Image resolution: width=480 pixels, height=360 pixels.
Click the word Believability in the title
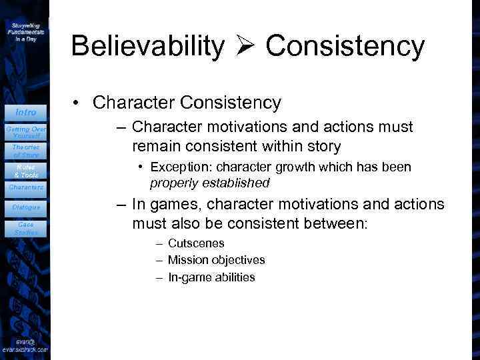(147, 47)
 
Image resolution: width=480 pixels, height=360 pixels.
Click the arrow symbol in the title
(245, 47)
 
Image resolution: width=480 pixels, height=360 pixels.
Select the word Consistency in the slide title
(344, 47)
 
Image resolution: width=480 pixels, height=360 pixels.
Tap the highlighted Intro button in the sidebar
(26, 112)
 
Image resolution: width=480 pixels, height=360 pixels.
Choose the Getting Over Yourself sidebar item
(26, 131)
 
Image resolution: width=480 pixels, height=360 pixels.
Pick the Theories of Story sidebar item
(26, 151)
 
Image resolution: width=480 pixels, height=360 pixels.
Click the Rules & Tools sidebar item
(26, 170)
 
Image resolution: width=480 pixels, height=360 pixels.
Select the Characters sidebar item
(26, 187)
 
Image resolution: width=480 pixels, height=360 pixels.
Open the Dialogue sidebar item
(26, 207)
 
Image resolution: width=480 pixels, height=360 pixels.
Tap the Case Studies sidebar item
(26, 229)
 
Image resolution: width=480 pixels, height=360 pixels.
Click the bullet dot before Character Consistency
(78, 103)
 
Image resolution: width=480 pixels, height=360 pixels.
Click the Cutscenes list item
(196, 243)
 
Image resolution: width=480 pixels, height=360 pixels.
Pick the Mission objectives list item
(216, 260)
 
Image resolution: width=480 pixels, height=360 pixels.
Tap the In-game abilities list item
(211, 277)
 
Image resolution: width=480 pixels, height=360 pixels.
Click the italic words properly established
(210, 183)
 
